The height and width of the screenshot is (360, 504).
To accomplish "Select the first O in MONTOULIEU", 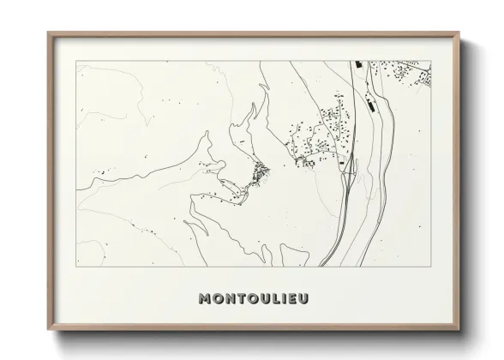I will [219, 298].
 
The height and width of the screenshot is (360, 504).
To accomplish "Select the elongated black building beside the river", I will [369, 106].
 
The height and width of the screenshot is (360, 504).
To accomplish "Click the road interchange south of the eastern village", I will [349, 171].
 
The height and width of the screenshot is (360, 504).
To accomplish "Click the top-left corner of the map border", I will [76, 61].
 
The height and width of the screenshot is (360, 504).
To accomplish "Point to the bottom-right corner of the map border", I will [431, 267].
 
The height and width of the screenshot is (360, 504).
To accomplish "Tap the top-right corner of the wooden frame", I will [460, 33].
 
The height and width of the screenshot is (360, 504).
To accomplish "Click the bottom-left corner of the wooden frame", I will [47, 330].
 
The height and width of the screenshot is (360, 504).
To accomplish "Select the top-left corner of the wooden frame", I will [47, 33].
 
